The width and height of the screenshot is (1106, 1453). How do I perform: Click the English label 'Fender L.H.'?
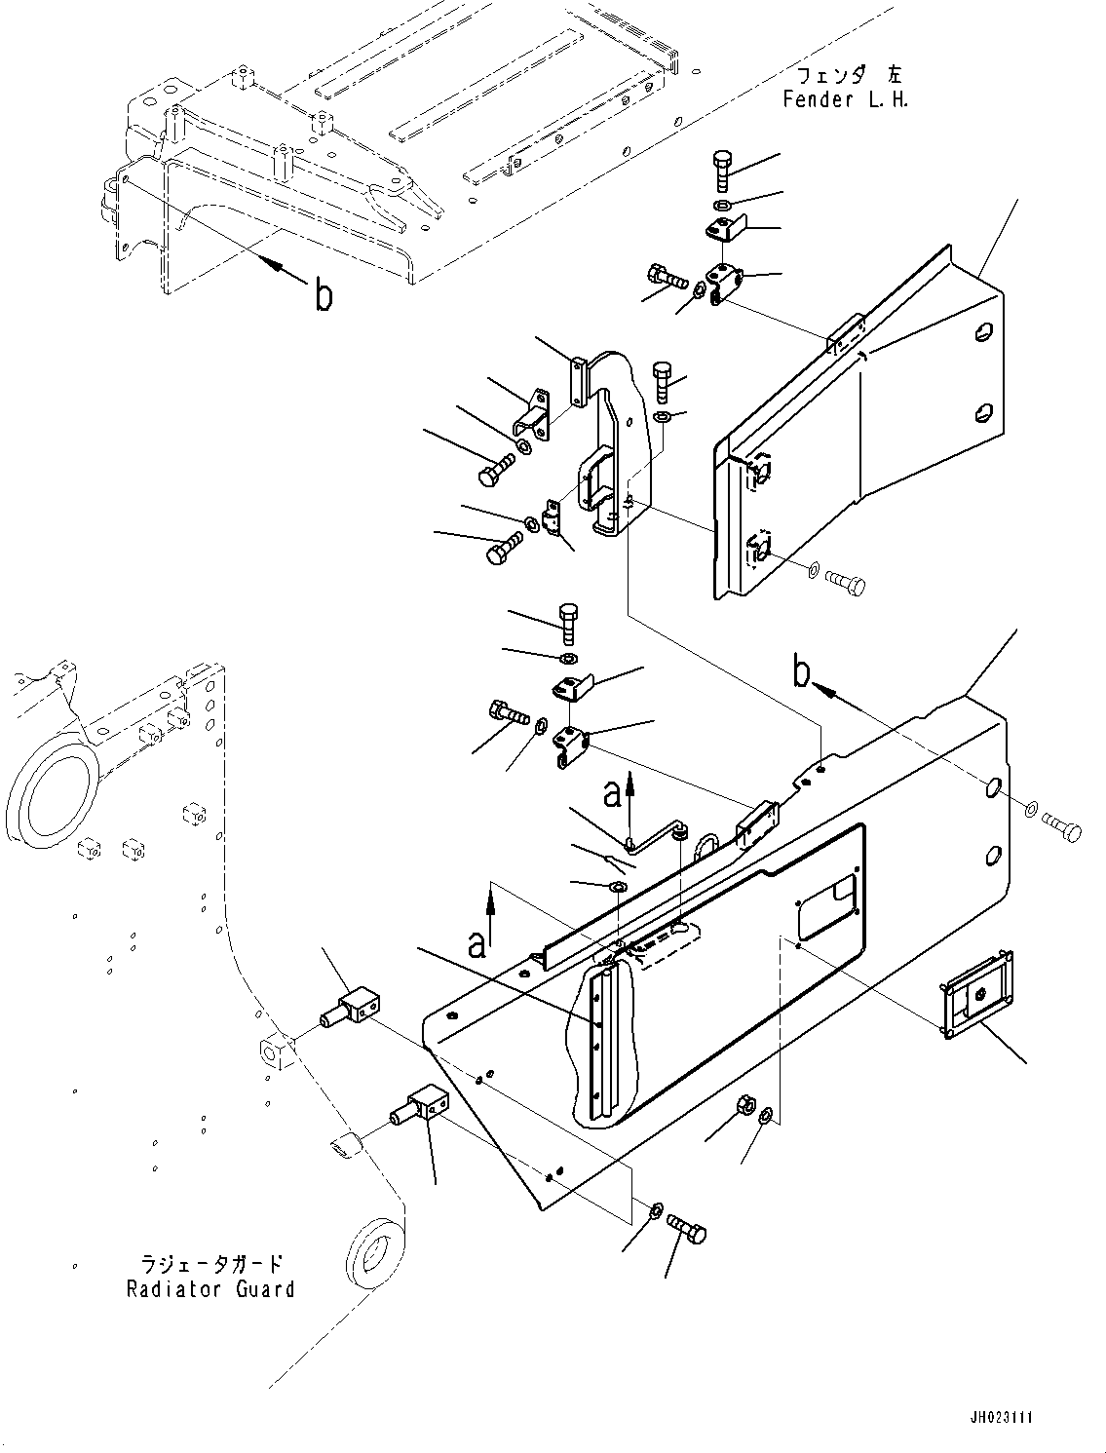click(x=845, y=99)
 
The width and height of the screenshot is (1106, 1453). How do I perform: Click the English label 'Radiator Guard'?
click(x=210, y=1289)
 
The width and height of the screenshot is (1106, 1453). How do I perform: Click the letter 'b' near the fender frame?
click(x=323, y=294)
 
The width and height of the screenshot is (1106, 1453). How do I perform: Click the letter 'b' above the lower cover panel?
click(x=801, y=672)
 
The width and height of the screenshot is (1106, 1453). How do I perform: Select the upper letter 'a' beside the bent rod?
click(x=612, y=796)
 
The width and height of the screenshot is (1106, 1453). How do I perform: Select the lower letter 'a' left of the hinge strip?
click(x=477, y=944)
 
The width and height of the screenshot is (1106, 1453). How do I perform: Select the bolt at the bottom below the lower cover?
click(x=688, y=1232)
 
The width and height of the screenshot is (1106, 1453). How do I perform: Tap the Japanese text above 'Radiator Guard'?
click(x=211, y=1265)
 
